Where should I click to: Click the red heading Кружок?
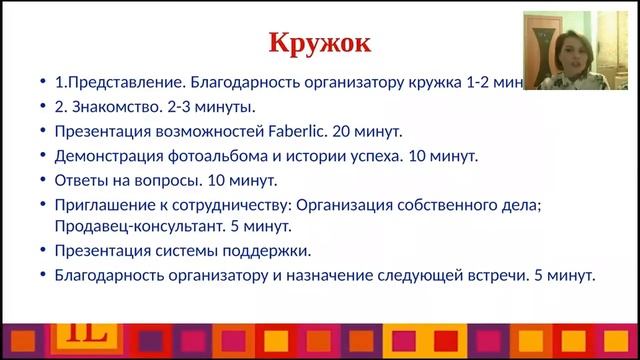click(x=321, y=44)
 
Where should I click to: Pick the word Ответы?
click(x=80, y=181)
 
